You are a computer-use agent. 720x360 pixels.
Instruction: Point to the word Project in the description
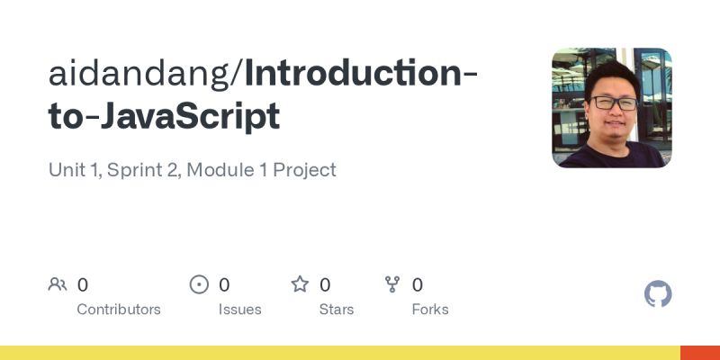click(307, 169)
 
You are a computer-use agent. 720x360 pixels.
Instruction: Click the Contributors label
click(119, 309)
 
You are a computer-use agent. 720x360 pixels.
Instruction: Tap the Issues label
click(239, 309)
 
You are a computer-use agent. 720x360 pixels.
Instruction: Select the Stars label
click(337, 309)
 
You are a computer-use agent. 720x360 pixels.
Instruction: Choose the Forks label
click(430, 309)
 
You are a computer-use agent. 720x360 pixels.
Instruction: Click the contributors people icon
click(58, 284)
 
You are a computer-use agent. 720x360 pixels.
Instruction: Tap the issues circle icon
click(199, 284)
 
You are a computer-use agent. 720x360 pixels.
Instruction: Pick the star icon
click(300, 284)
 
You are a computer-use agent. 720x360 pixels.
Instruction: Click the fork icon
click(392, 284)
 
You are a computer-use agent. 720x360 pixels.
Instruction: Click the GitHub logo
click(658, 294)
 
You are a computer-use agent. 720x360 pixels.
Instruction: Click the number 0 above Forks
click(418, 284)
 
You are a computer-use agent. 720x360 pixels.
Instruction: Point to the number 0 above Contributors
click(83, 284)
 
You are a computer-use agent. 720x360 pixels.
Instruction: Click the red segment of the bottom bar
click(699, 353)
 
